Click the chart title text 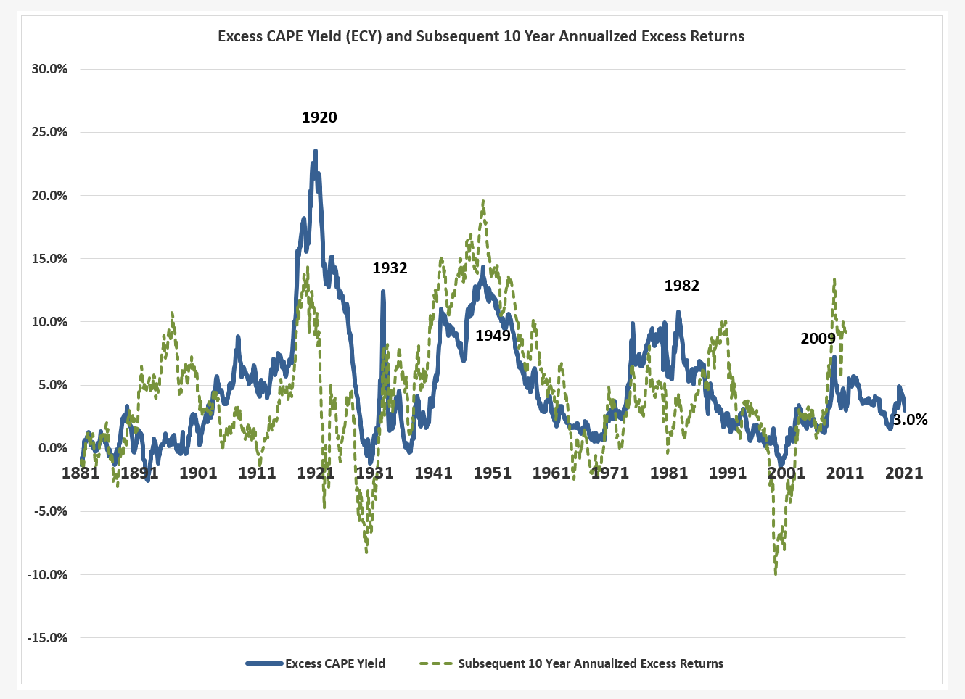click(x=481, y=36)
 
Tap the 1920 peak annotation click(x=319, y=117)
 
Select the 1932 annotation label click(x=390, y=268)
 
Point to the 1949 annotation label click(x=493, y=336)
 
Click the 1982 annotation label click(x=682, y=286)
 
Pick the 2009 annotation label click(x=818, y=339)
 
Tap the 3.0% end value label click(x=910, y=420)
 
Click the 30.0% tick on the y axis click(x=49, y=69)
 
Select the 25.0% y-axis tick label click(x=49, y=132)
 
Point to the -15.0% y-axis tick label click(x=47, y=638)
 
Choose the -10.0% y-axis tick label click(x=47, y=575)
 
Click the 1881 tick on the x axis click(x=81, y=473)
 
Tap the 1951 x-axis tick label click(x=493, y=473)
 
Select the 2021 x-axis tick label click(x=904, y=473)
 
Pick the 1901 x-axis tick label click(x=198, y=473)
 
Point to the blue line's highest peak click(x=315, y=151)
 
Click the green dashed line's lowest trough click(x=776, y=574)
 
